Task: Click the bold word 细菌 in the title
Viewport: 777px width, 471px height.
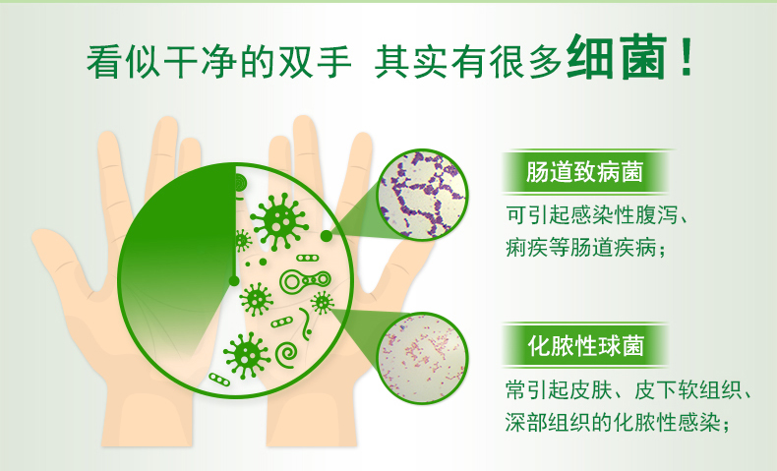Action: click(617, 57)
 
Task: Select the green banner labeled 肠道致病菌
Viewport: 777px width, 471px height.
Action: click(585, 172)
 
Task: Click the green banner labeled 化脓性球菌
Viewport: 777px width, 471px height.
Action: click(585, 345)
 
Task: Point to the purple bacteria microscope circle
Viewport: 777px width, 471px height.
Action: click(423, 195)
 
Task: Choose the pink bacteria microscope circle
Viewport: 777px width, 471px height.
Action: click(423, 358)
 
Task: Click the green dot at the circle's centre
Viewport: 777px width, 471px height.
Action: click(234, 281)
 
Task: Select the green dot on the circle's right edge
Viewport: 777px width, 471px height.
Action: click(327, 236)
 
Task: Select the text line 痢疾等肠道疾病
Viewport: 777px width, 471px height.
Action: click(585, 247)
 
